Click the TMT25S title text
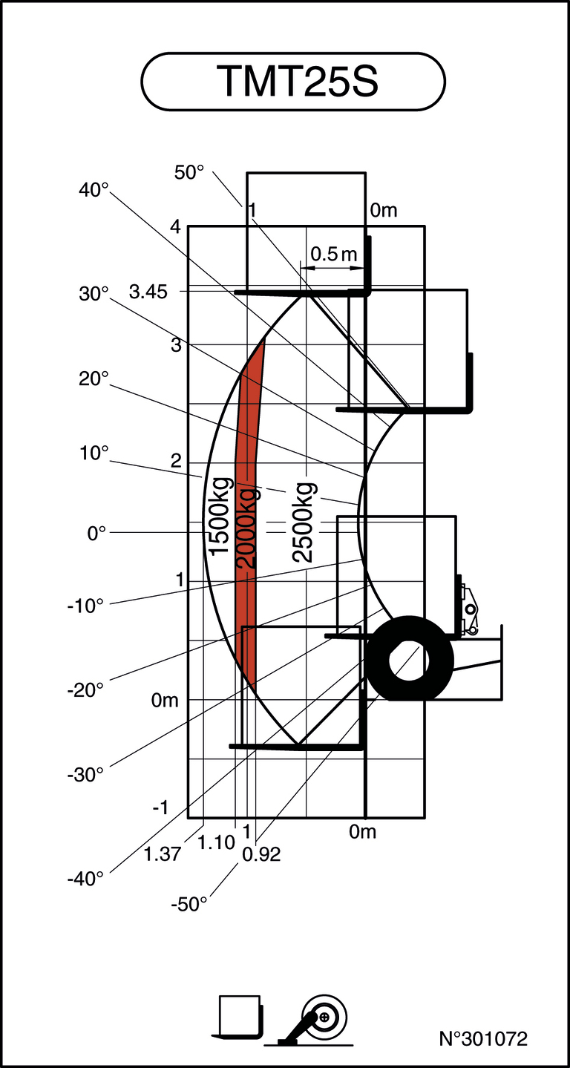pos(297,82)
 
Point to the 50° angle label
pos(189,172)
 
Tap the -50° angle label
pos(189,905)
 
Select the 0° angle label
pos(97,533)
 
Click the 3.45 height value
pos(148,292)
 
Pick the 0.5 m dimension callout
pos(333,255)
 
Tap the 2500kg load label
pos(304,522)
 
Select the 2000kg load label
pos(246,528)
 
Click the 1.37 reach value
pos(162,854)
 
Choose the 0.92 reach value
pos(262,855)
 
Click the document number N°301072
pos(483,1038)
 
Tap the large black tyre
pos(410,658)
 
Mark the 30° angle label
pos(94,294)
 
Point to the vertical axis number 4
pos(175,228)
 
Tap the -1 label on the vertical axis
pos(161,808)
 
